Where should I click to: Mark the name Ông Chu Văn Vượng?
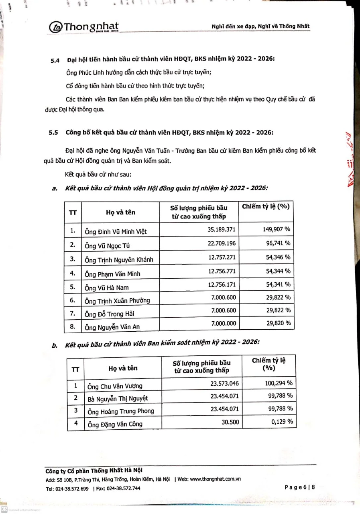click(115, 386)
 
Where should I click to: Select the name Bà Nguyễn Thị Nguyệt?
click(118, 398)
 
